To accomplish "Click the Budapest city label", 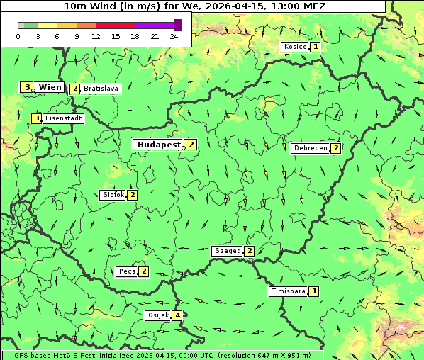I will [x=159, y=144].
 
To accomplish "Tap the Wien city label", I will [x=50, y=87].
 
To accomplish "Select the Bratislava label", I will [x=100, y=89].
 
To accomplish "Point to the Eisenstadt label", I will [x=63, y=118].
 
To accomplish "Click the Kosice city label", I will [x=294, y=47].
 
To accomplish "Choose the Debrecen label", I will [x=310, y=148].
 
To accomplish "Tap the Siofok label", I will [x=113, y=195].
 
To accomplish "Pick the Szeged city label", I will [x=227, y=251].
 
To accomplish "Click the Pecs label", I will [x=127, y=271].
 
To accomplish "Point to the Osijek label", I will [x=157, y=315].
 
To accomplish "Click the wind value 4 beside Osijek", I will [x=177, y=315].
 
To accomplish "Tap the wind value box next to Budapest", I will [x=191, y=144].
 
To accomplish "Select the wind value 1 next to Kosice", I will [x=316, y=47].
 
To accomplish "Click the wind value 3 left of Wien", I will [x=27, y=87].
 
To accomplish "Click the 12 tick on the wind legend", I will [x=96, y=36].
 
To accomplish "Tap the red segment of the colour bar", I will [x=115, y=25].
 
